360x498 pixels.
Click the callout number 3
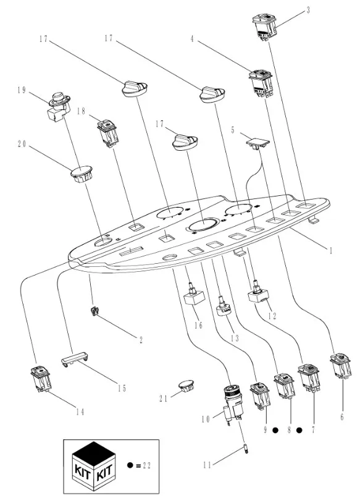(x=308, y=10)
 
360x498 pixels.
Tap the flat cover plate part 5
(x=257, y=142)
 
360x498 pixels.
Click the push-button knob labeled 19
(x=59, y=106)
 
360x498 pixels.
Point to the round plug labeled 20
(x=81, y=174)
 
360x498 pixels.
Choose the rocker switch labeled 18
(x=107, y=133)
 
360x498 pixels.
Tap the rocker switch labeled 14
(x=41, y=379)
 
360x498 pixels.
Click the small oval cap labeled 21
(x=186, y=386)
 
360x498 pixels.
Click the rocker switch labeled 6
(x=340, y=366)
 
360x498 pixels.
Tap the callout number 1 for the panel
(x=331, y=251)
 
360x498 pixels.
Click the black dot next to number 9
(x=275, y=431)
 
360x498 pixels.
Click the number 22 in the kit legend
(x=146, y=466)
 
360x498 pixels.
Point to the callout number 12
(x=272, y=316)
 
